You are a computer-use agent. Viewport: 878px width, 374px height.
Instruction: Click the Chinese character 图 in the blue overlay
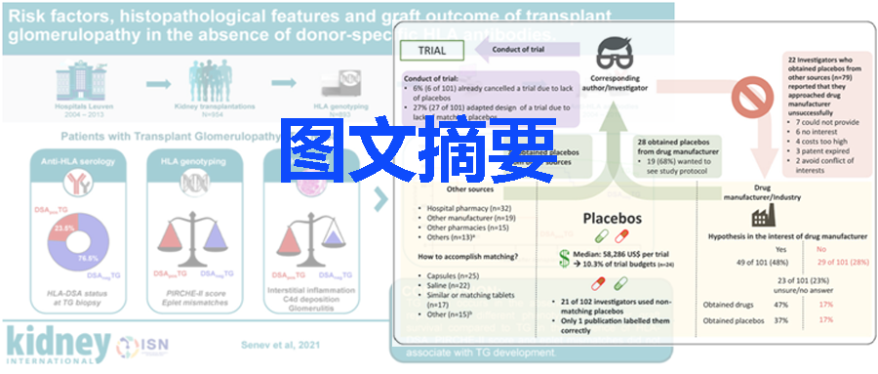tap(318, 151)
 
